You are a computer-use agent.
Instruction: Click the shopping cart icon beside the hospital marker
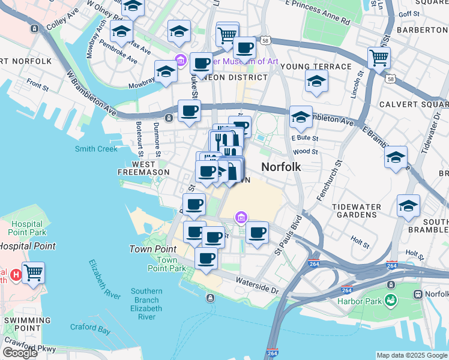(34, 272)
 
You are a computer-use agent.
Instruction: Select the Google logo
(20, 353)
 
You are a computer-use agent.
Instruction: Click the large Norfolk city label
(280, 167)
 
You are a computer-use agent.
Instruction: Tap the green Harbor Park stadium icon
(391, 299)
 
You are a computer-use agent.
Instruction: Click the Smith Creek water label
(96, 149)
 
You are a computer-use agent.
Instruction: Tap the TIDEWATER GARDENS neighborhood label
(357, 211)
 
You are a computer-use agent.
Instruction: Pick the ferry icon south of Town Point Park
(209, 298)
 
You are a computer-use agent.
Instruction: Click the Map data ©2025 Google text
(412, 355)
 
